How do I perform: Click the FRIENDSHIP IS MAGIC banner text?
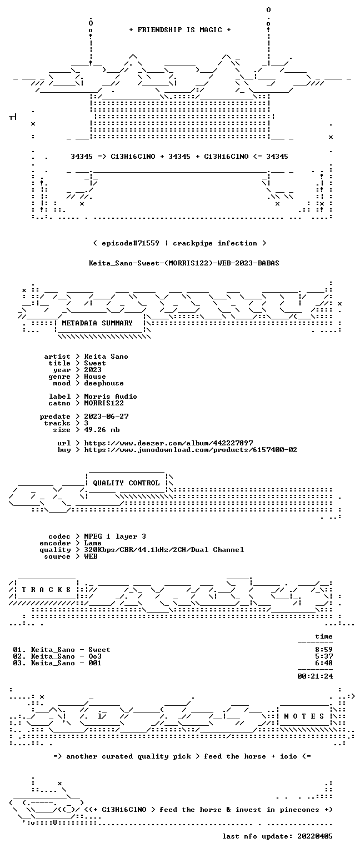coord(180,29)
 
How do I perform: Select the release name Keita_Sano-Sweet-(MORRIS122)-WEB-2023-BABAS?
coord(184,263)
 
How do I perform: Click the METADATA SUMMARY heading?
coord(97,323)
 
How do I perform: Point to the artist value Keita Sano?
coord(106,357)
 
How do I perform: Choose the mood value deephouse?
coord(104,384)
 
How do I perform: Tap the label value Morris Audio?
coord(111,397)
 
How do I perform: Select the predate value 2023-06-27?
coord(106,417)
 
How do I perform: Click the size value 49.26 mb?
coord(102,430)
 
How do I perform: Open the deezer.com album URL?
coord(168,443)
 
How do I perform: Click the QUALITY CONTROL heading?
coord(126,483)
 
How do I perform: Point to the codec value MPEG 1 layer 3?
coord(115,536)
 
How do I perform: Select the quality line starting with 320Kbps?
coord(164,550)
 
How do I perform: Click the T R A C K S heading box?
coord(46,590)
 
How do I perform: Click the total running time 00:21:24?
coord(315,676)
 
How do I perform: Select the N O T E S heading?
coord(304,716)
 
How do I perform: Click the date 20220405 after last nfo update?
coord(315,836)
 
